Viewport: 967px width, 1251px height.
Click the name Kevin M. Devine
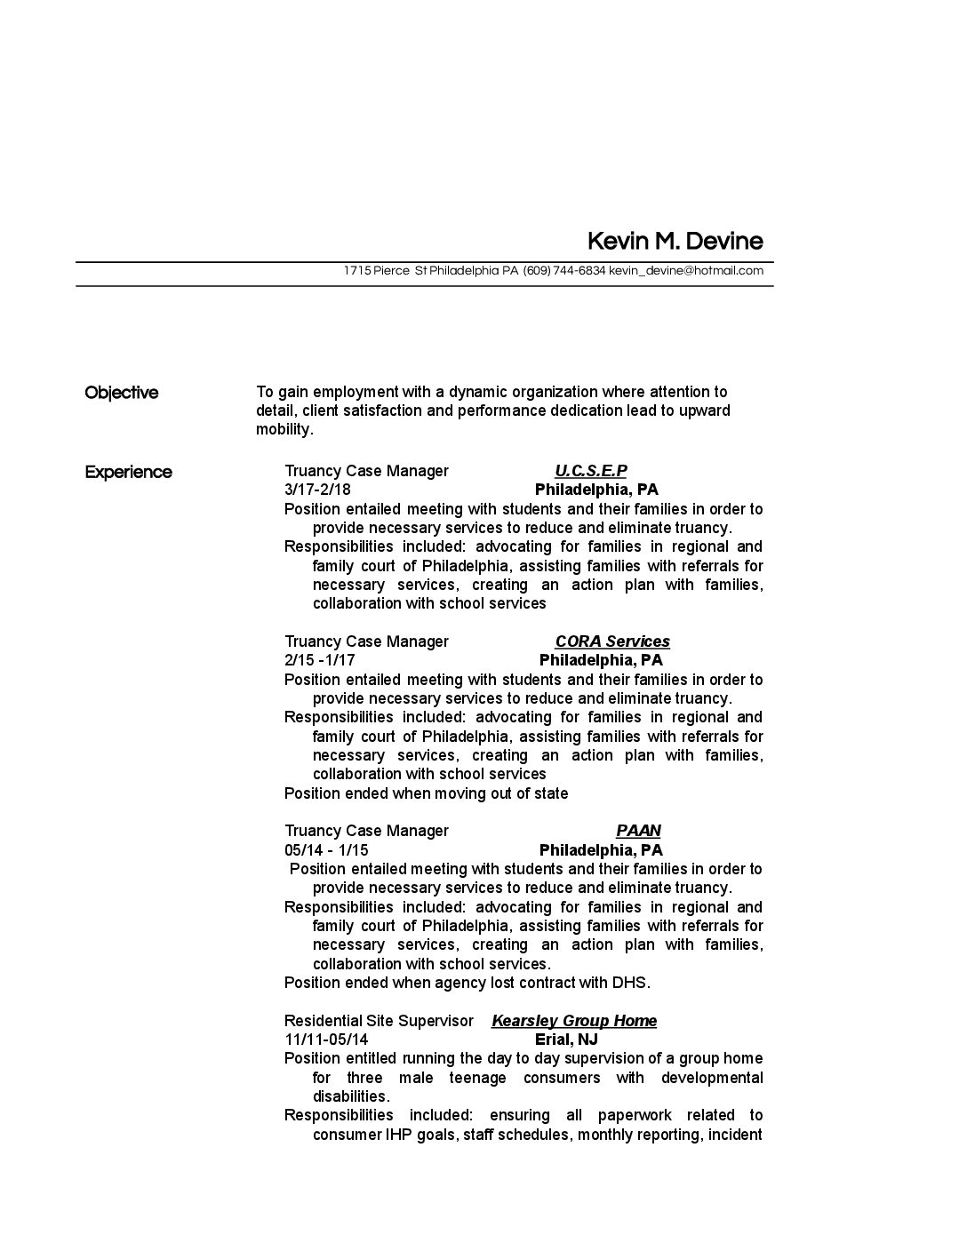(675, 242)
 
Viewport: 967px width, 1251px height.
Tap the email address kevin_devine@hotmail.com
(686, 271)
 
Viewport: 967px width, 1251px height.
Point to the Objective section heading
(121, 393)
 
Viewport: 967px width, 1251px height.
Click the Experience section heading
(128, 472)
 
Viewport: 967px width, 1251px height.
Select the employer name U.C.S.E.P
(591, 471)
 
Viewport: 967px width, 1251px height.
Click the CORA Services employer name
(612, 641)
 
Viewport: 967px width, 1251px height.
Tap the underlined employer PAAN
(638, 831)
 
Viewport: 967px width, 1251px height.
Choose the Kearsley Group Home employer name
(574, 1021)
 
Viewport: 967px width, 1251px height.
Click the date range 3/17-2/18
(317, 490)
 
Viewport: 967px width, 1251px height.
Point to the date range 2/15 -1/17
(320, 660)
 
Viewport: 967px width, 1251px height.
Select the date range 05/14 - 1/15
(326, 850)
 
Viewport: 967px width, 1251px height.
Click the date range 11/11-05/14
(326, 1040)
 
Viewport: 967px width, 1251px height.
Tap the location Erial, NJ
(566, 1040)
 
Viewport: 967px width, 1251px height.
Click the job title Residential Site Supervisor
(379, 1021)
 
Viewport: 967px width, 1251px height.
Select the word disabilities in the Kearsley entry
(350, 1096)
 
